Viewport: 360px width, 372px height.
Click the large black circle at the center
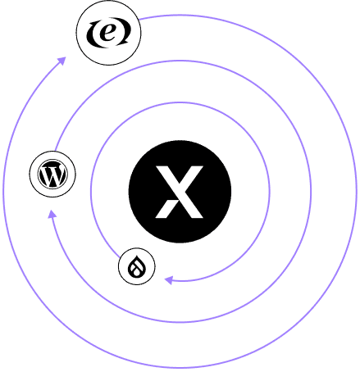coord(180,192)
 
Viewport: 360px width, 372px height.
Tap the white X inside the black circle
coord(180,192)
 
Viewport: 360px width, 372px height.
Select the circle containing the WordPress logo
coord(52,174)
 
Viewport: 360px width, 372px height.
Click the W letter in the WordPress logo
coord(52,175)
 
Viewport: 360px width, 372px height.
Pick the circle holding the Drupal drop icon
coord(137,266)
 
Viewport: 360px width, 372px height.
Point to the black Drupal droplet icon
coord(137,266)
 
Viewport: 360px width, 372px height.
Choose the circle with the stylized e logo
coord(109,33)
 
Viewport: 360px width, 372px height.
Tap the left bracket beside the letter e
coord(92,34)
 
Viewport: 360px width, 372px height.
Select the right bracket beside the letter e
coord(125,33)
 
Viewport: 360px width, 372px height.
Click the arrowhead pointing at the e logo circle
coord(62,61)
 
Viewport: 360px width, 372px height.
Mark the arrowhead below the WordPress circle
coord(52,214)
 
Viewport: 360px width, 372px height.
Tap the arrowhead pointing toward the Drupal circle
coord(169,280)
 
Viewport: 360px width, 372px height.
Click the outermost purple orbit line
coord(356,191)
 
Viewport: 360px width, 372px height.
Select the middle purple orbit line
coord(311,191)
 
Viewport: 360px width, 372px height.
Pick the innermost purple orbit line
coord(269,191)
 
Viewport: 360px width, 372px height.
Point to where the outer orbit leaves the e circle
coord(139,19)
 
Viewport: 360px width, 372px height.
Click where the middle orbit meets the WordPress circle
coord(56,151)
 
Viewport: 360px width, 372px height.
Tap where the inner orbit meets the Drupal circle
coord(120,257)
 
